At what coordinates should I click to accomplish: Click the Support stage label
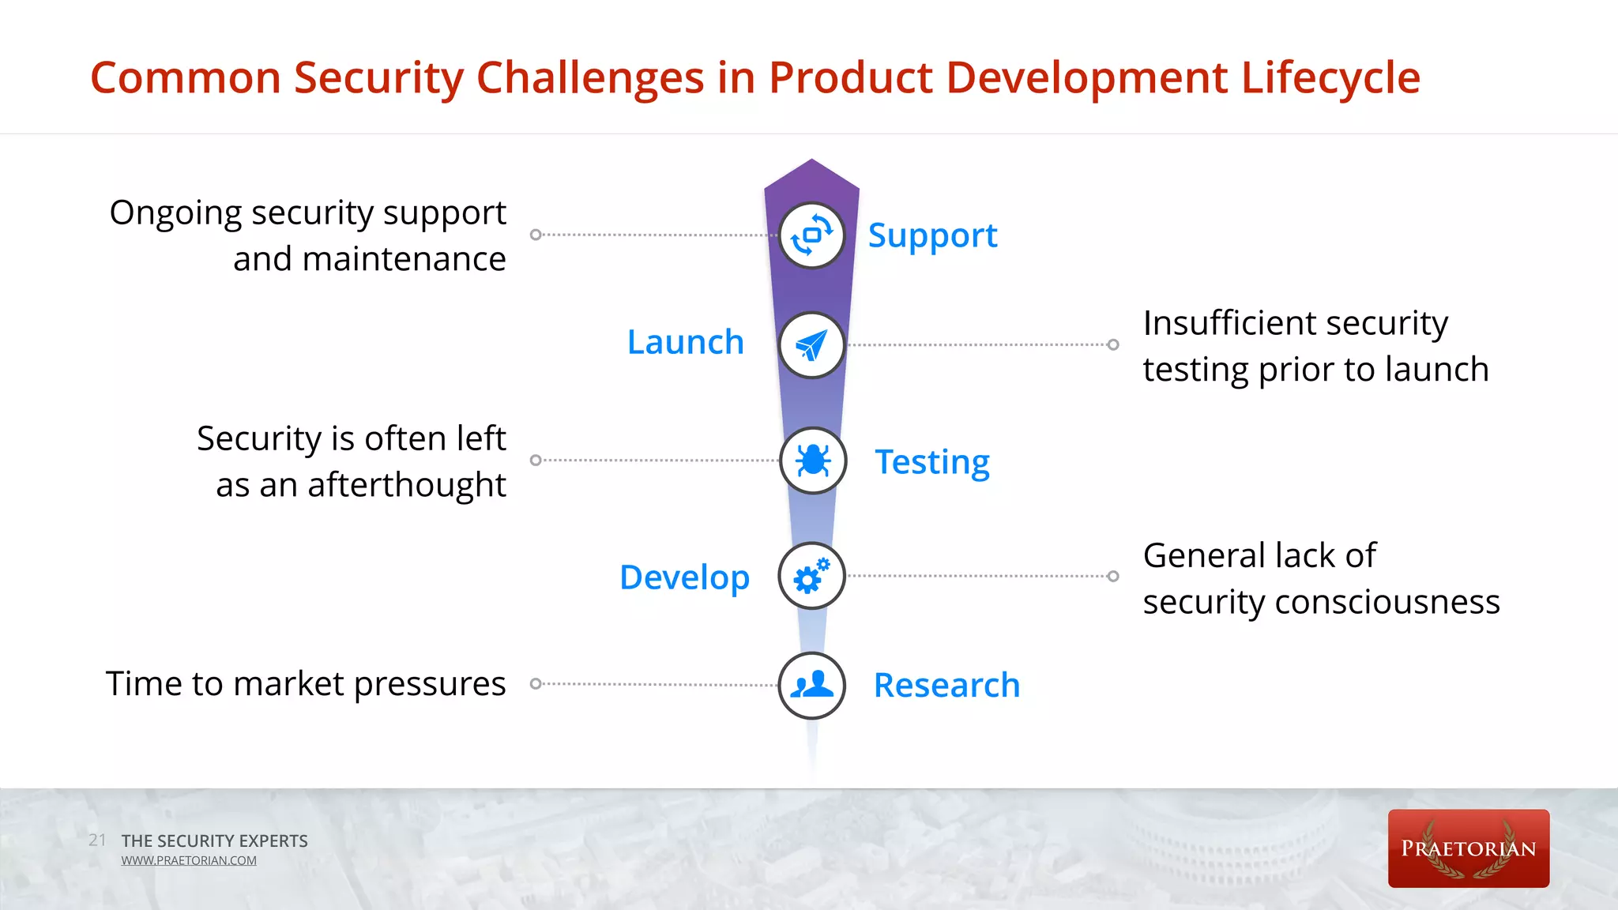[x=932, y=236]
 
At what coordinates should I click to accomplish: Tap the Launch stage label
[x=686, y=343]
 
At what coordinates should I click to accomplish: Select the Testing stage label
[x=932, y=462]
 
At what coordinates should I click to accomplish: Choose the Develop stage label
[x=684, y=577]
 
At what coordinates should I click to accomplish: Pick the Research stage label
[x=946, y=685]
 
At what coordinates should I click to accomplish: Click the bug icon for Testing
[x=812, y=461]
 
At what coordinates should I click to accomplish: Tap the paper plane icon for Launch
[x=811, y=345]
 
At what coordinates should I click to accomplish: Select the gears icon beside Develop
[x=811, y=576]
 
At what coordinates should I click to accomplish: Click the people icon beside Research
[x=811, y=685]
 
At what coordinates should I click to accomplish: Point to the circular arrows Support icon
[x=811, y=235]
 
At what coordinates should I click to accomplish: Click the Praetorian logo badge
[x=1468, y=848]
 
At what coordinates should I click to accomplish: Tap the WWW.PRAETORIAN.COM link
[x=189, y=861]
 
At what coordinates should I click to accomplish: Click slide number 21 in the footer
[x=97, y=840]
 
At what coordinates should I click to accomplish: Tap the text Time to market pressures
[x=306, y=684]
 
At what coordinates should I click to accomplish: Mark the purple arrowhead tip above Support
[x=811, y=164]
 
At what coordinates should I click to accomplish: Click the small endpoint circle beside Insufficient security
[x=1113, y=344]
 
